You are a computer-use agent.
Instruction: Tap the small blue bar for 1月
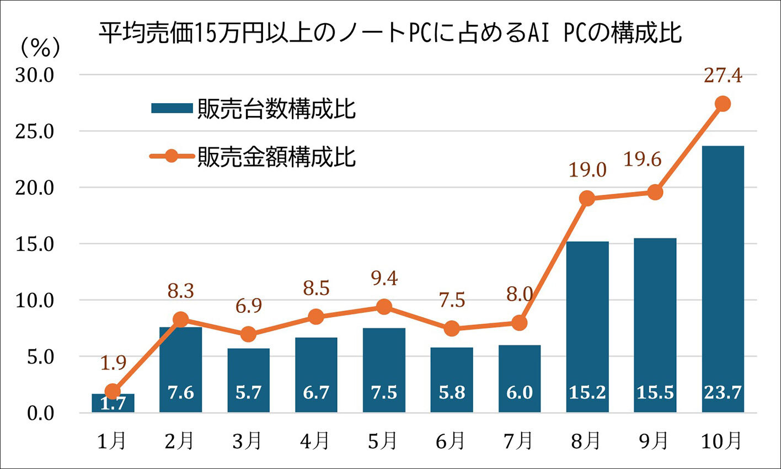[x=113, y=403]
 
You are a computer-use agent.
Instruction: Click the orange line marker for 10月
[x=723, y=104]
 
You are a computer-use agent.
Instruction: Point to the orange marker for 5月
[x=384, y=307]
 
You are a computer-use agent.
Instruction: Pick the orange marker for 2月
[x=180, y=319]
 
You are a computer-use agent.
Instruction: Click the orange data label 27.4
[x=723, y=76]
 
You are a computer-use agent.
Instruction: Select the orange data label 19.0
[x=587, y=170]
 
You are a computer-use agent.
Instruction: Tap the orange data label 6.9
[x=248, y=305]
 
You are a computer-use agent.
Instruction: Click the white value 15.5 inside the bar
[x=655, y=392]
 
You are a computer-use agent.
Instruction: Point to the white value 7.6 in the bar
[x=180, y=392]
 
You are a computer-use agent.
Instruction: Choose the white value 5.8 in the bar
[x=452, y=392]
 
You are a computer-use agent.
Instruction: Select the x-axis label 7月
[x=519, y=441]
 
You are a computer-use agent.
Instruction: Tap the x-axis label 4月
[x=316, y=441]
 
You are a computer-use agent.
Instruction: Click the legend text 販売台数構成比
[x=276, y=109]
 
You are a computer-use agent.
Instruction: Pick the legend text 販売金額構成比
[x=276, y=156]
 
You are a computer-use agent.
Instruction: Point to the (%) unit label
[x=40, y=49]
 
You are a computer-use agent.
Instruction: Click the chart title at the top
[x=390, y=33]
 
